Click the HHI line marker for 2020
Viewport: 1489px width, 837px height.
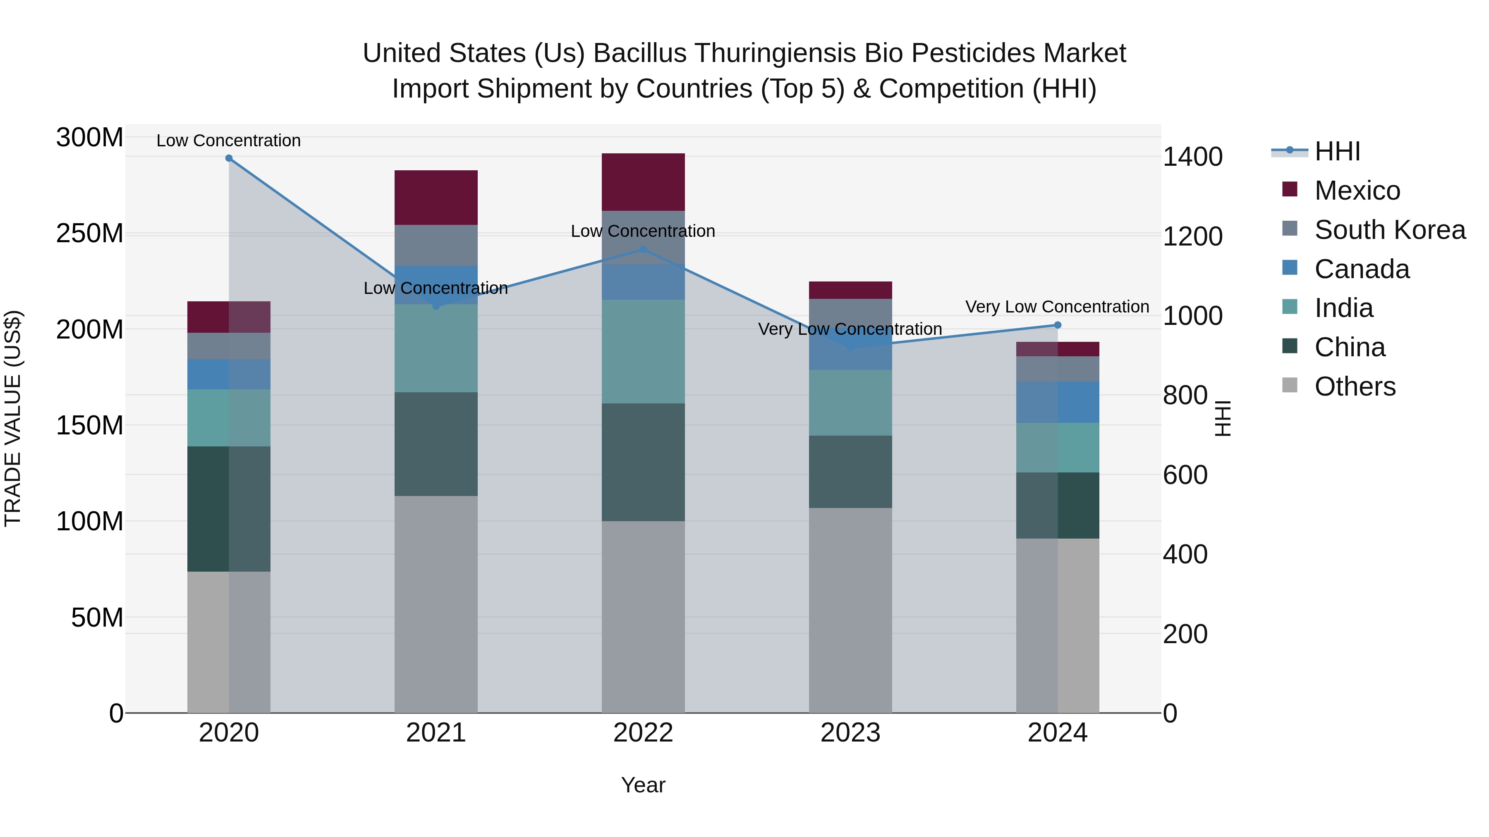[229, 158]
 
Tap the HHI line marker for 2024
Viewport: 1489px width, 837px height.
[1058, 325]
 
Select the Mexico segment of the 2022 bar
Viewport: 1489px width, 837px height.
[643, 182]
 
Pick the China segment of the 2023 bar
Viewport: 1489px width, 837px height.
[850, 472]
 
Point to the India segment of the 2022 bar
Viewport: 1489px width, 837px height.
[643, 351]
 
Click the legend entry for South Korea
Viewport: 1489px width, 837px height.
[1390, 230]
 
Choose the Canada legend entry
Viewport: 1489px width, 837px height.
[1362, 269]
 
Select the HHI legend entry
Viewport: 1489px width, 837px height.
[1337, 151]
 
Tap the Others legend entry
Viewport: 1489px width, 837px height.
[1355, 386]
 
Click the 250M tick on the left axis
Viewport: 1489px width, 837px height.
[90, 234]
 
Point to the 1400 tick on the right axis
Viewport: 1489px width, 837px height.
[1192, 157]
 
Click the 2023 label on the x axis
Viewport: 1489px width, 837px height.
[850, 733]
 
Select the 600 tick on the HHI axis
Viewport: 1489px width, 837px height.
[1185, 475]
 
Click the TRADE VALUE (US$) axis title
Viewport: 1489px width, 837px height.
[13, 418]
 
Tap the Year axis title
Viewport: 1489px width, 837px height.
[643, 785]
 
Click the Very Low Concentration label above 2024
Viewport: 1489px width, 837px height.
[1057, 307]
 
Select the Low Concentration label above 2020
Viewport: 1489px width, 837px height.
[229, 141]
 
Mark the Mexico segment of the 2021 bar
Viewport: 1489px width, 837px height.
[436, 198]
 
